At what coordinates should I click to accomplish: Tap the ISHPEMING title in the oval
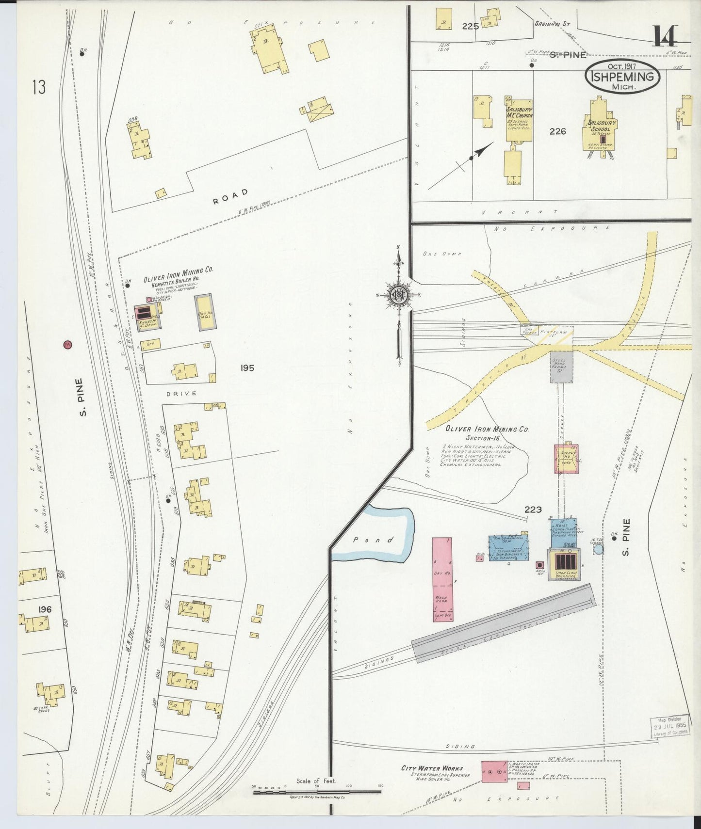click(x=623, y=77)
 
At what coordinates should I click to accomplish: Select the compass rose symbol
click(x=398, y=294)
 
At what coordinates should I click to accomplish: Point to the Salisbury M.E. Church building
click(x=519, y=119)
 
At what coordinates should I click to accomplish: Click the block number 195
click(x=247, y=368)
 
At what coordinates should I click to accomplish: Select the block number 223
click(x=533, y=510)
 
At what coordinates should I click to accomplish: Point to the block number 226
click(x=558, y=131)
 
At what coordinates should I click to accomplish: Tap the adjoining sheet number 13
click(x=39, y=88)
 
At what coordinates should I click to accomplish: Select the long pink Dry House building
click(x=443, y=579)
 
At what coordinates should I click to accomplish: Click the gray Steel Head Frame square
click(x=561, y=366)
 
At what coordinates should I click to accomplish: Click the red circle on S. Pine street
click(x=68, y=345)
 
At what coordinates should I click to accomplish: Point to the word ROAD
click(x=230, y=196)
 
